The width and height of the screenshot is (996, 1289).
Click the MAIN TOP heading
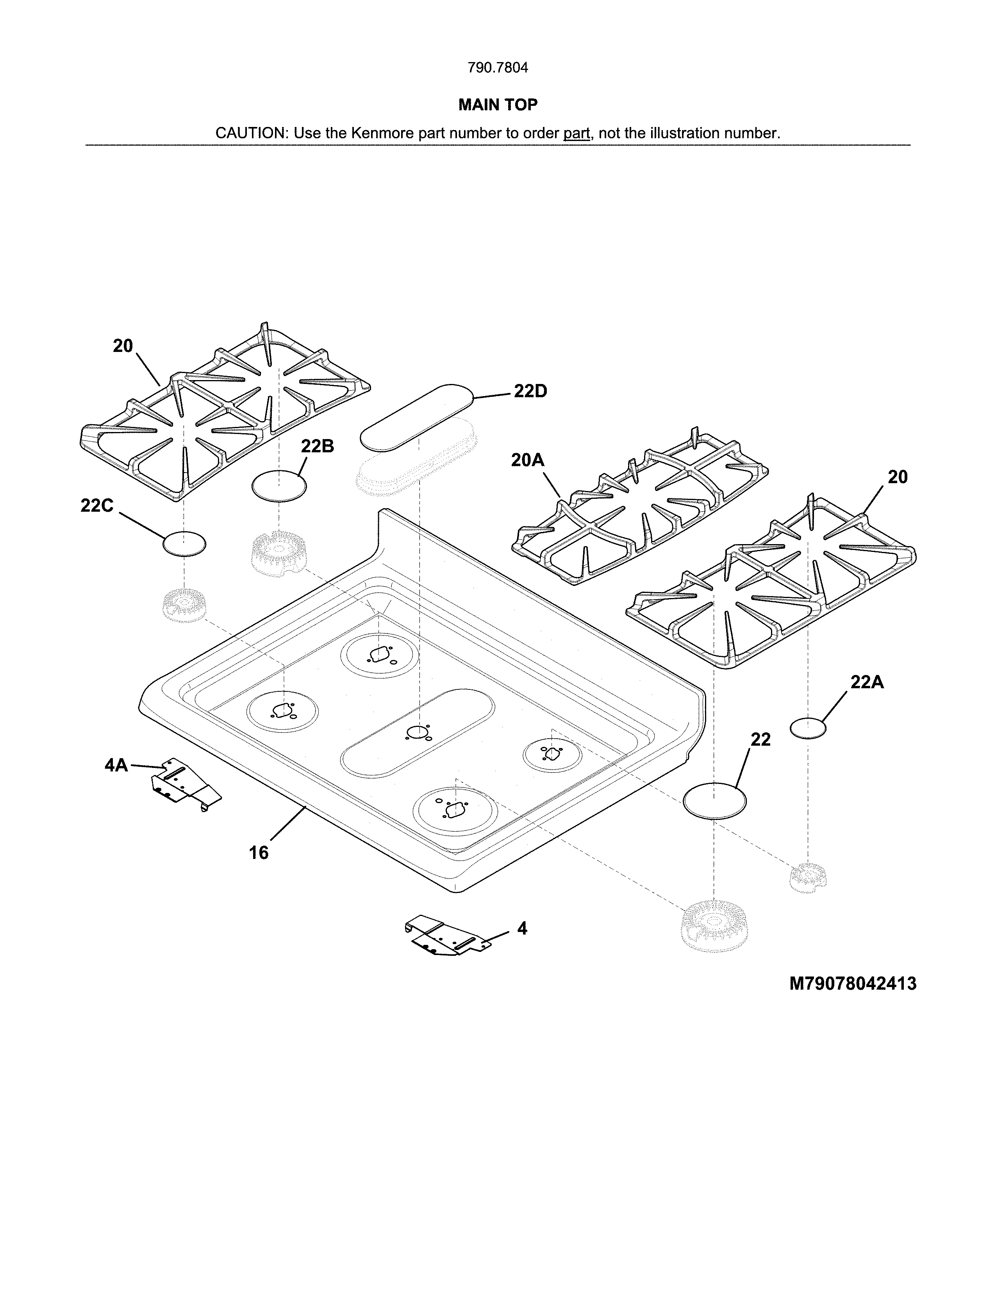pyautogui.click(x=497, y=105)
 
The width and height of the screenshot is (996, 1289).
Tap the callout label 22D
pyautogui.click(x=530, y=391)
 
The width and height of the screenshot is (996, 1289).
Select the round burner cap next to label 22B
pyautogui.click(x=279, y=486)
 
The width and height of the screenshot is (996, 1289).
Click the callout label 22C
pyautogui.click(x=97, y=506)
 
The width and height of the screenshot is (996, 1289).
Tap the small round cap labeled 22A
pyautogui.click(x=808, y=728)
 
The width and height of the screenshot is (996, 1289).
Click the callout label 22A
pyautogui.click(x=866, y=682)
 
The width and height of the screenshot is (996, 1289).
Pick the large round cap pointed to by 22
pyautogui.click(x=714, y=801)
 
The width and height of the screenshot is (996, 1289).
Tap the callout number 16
pyautogui.click(x=259, y=853)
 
